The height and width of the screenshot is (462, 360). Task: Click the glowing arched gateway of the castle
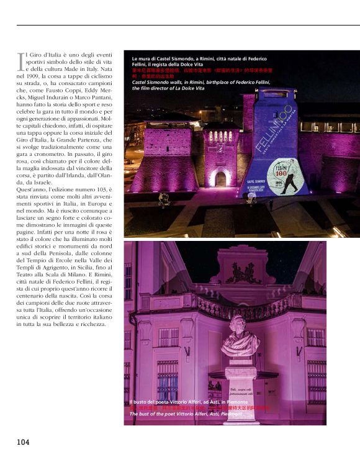click(x=220, y=178)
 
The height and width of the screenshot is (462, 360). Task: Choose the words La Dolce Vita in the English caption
click(x=187, y=89)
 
